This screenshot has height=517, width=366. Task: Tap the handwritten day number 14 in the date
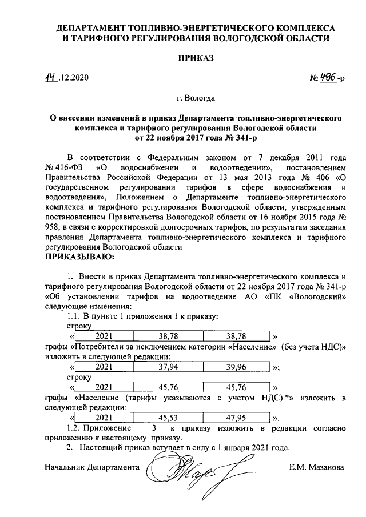tap(53, 78)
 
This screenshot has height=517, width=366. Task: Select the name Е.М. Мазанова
tap(317, 467)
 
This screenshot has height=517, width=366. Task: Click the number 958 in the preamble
tap(53, 229)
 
